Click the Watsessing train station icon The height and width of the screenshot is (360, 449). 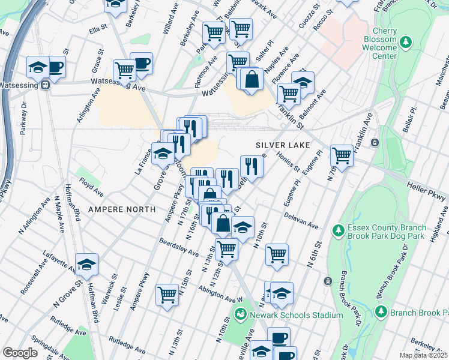tap(46, 85)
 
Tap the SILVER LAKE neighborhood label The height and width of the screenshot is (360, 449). tap(282, 145)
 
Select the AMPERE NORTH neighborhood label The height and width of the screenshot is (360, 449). tap(122, 209)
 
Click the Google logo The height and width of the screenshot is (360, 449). tap(20, 353)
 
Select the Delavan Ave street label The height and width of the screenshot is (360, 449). tap(301, 219)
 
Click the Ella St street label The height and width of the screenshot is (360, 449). tap(97, 28)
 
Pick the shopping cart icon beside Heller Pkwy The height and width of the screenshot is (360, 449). tap(342, 155)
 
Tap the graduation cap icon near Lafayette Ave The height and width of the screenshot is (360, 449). tap(87, 264)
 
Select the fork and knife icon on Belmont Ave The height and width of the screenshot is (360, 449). tap(252, 166)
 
